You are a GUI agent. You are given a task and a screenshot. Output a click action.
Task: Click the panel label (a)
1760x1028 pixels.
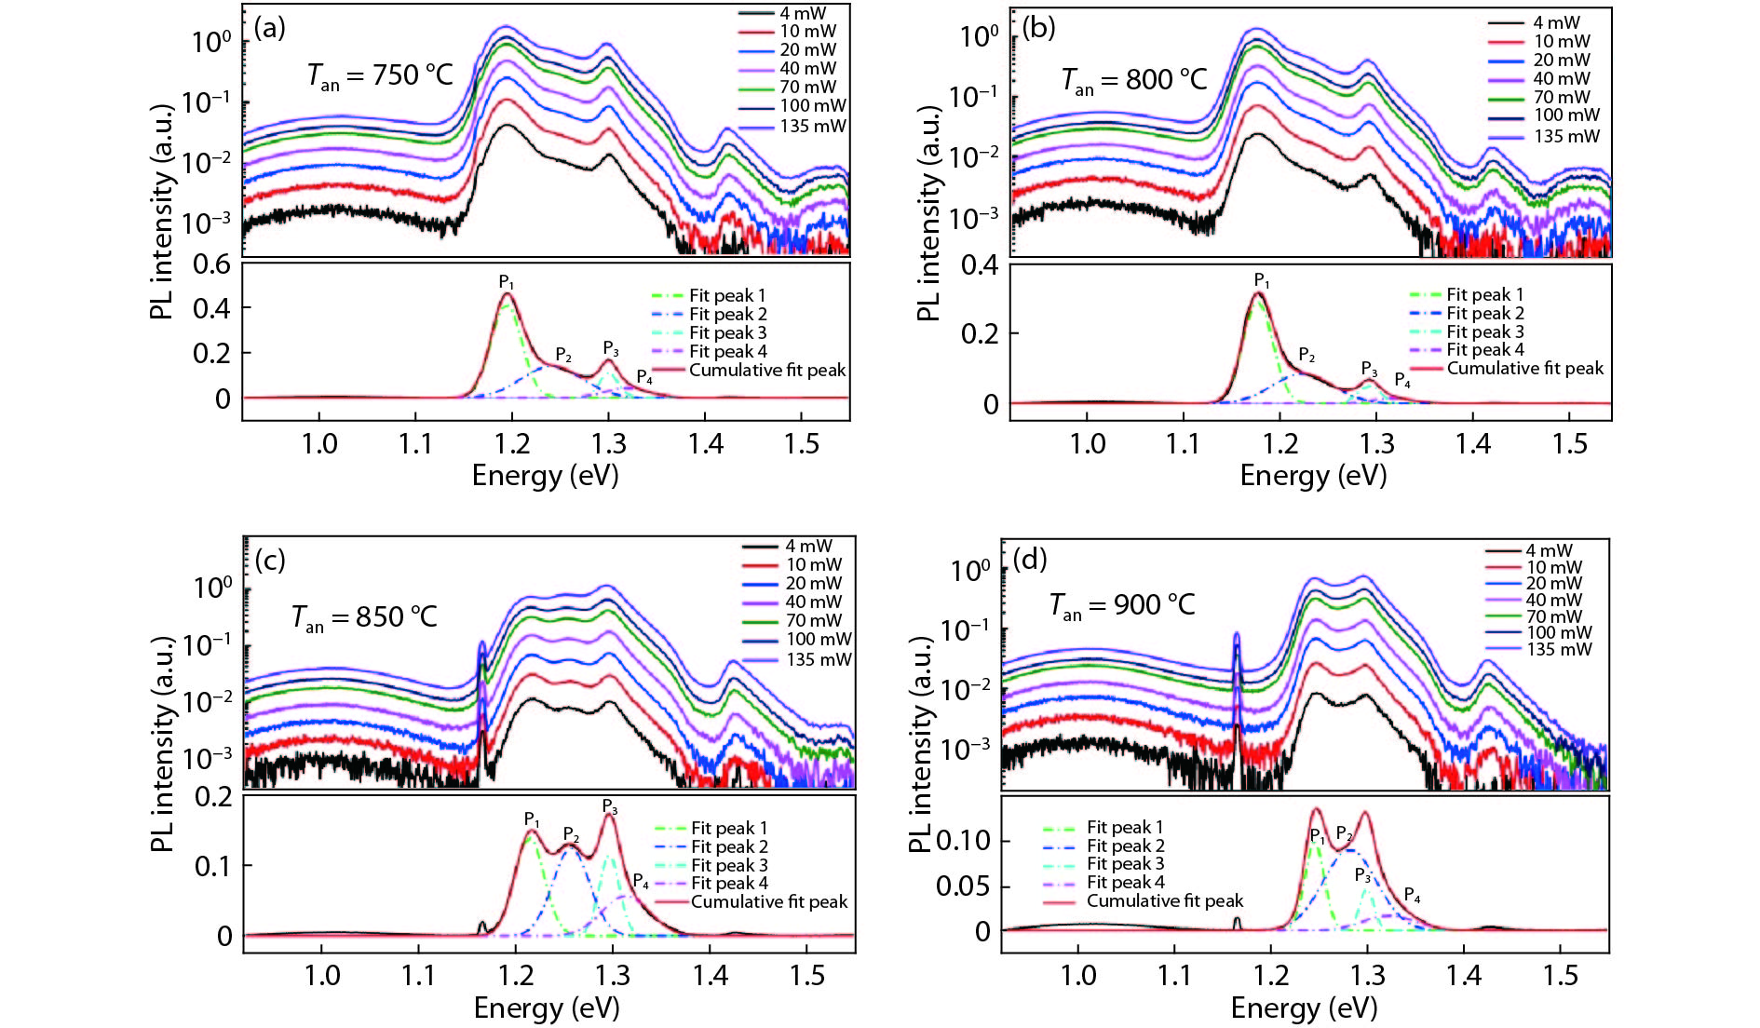(x=269, y=29)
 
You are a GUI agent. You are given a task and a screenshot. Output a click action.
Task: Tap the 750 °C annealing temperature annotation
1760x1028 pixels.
(x=380, y=75)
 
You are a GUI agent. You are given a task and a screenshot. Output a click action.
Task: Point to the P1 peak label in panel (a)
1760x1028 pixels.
(x=506, y=282)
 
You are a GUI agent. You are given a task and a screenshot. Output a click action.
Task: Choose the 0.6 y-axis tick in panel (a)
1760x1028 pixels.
(x=211, y=264)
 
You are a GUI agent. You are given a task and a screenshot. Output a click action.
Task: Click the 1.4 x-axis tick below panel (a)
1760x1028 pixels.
(x=706, y=443)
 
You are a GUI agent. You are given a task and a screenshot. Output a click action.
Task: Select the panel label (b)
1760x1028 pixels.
(x=1038, y=29)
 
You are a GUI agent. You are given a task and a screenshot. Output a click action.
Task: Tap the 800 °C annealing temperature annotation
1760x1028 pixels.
(x=1134, y=80)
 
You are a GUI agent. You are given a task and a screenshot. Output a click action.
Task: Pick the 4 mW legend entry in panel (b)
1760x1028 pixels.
(x=1556, y=22)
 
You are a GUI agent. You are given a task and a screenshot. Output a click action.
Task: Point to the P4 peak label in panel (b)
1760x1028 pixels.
(x=1402, y=381)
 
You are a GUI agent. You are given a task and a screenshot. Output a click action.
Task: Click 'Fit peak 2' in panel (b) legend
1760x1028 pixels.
(x=1484, y=313)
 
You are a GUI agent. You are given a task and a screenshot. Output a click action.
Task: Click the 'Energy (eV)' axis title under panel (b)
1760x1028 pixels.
(x=1313, y=476)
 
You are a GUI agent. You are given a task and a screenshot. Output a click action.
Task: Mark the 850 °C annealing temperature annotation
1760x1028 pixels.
(x=364, y=617)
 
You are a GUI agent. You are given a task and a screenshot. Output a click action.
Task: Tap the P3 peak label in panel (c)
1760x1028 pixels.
(x=610, y=806)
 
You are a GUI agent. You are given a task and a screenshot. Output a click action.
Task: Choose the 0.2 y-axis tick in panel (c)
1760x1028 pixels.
(x=213, y=796)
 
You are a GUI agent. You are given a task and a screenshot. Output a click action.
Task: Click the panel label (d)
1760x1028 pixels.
(x=1030, y=560)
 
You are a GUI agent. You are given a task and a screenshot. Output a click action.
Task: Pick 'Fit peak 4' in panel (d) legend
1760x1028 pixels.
(x=1125, y=882)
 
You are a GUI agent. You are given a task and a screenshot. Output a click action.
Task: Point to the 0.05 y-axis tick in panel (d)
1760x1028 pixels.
(x=963, y=885)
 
